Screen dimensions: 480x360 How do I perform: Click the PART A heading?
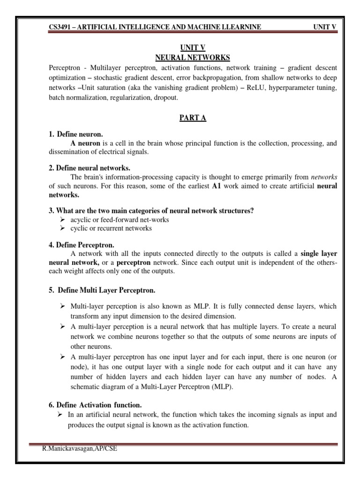click(x=192, y=119)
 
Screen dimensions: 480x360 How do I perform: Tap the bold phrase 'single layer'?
click(x=319, y=254)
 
